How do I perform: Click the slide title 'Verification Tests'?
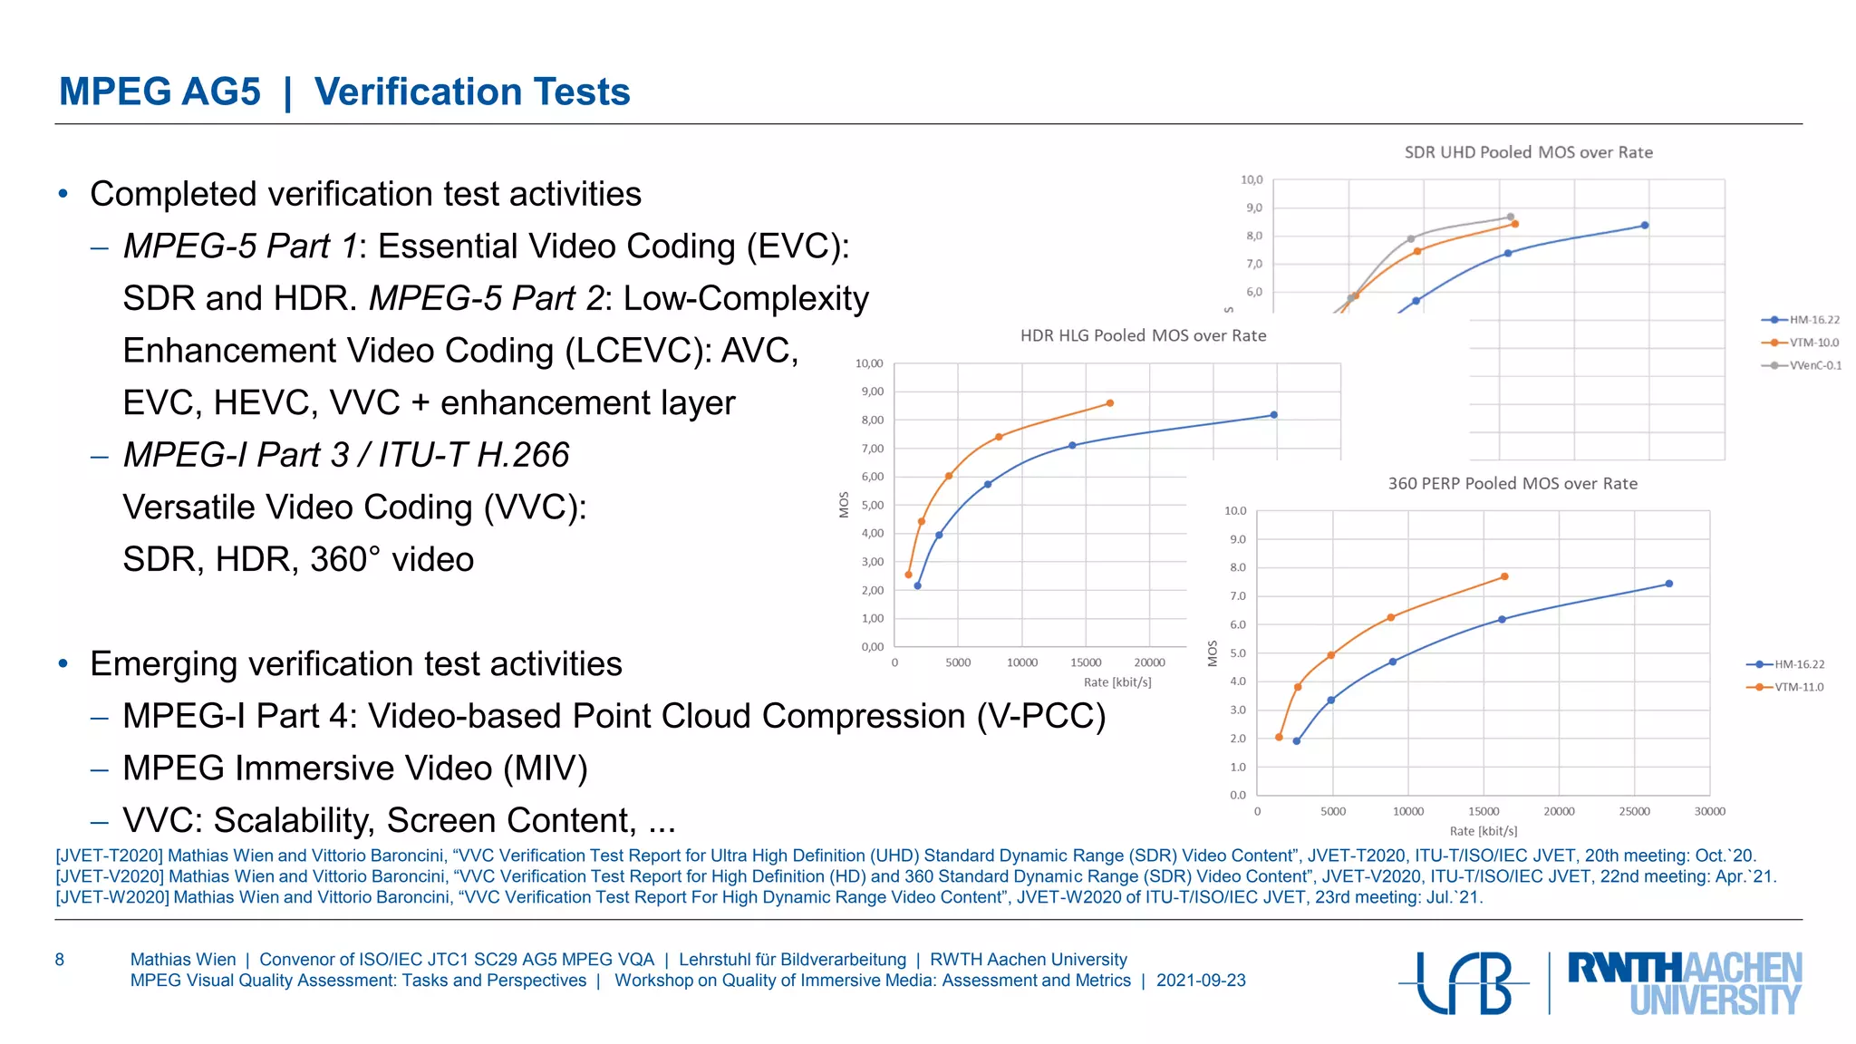[471, 92]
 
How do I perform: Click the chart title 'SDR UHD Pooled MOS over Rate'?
[1528, 152]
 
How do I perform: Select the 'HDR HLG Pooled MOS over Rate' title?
[1143, 335]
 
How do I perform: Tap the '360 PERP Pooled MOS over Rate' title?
[1513, 484]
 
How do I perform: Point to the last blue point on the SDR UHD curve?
[1644, 226]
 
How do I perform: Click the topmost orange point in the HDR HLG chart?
[1109, 403]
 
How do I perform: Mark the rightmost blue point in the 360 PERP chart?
[1668, 584]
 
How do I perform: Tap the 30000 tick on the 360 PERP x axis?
[1709, 811]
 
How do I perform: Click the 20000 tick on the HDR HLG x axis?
[1149, 662]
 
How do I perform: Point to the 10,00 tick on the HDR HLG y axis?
[869, 363]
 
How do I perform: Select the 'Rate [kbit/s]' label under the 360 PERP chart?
[1483, 831]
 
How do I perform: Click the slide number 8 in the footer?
[60, 960]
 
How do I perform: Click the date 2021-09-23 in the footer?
[1201, 981]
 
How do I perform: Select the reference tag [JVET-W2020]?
[112, 897]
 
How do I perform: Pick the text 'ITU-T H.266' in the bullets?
[474, 455]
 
